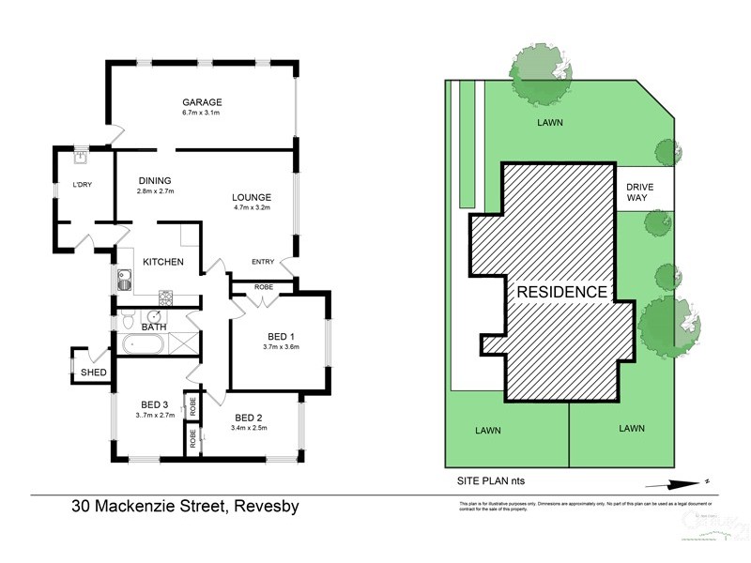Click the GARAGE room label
tap(201, 102)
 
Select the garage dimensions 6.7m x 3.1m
tap(201, 114)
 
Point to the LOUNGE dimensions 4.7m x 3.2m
tap(252, 208)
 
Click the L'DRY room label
tap(84, 185)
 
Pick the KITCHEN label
tap(163, 262)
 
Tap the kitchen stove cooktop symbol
tap(164, 300)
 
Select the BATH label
tap(153, 327)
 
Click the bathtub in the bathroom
tap(144, 344)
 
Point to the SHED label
tap(93, 373)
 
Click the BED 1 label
tap(279, 336)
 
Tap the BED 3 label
tap(153, 404)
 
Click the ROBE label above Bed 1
tap(263, 286)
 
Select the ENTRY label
tap(263, 262)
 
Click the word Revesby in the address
tap(265, 508)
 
